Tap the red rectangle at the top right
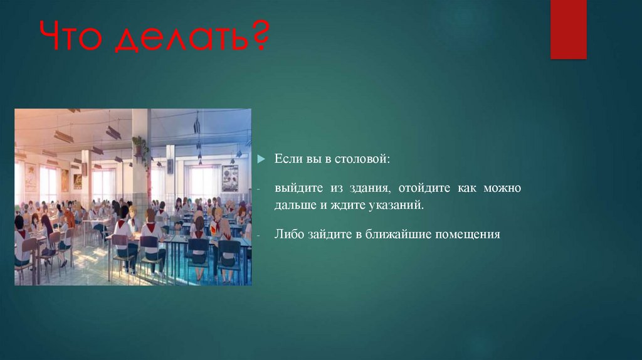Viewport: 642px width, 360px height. click(568, 29)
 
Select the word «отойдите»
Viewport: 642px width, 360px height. click(423, 189)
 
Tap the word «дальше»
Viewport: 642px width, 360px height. click(294, 205)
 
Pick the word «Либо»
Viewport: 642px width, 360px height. click(287, 235)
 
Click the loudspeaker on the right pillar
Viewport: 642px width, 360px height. click(170, 166)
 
